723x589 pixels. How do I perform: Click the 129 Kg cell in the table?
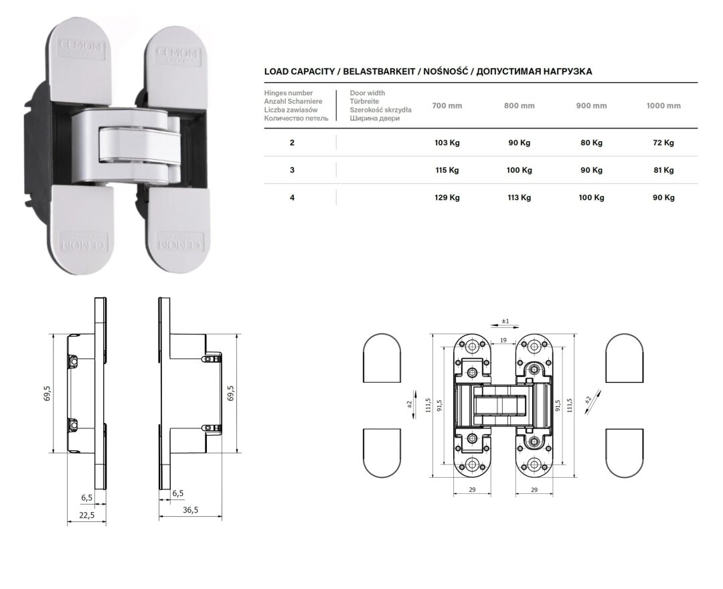tap(447, 197)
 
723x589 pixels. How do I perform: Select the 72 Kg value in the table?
tap(663, 143)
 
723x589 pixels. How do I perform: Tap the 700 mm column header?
tap(447, 106)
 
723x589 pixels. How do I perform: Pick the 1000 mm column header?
tap(663, 106)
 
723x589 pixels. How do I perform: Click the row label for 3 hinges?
tap(292, 170)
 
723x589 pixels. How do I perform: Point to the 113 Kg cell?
tap(519, 197)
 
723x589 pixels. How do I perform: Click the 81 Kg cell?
tap(663, 170)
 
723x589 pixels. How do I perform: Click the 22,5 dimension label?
tap(86, 515)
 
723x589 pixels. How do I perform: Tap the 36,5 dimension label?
tap(190, 510)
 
